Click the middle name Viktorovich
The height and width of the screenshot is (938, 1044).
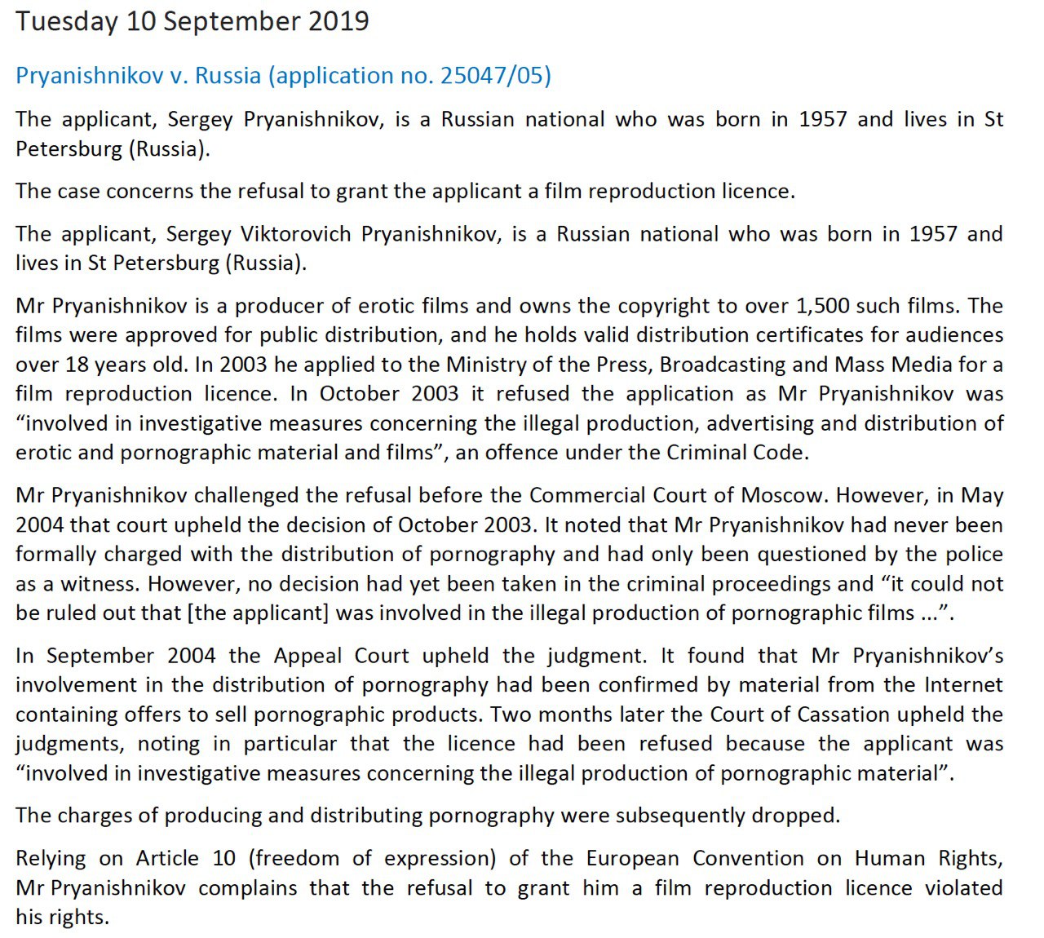296,234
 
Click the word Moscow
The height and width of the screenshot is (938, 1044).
784,496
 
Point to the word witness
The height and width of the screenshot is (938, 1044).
101,584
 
